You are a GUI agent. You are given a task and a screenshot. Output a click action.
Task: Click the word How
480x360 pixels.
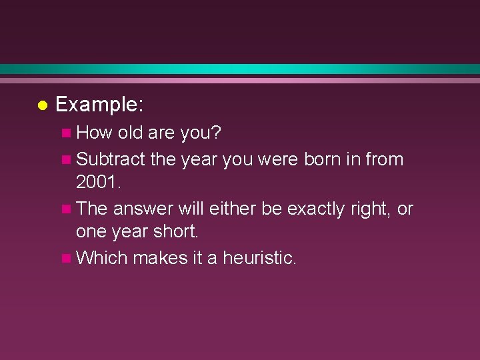pos(95,133)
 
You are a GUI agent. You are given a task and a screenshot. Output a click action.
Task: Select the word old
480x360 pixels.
pos(131,133)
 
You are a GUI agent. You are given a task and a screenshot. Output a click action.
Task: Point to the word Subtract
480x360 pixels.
pos(111,159)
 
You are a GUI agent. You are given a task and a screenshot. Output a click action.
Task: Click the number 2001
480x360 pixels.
pos(98,183)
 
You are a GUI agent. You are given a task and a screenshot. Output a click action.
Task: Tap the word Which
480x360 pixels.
pos(101,258)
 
